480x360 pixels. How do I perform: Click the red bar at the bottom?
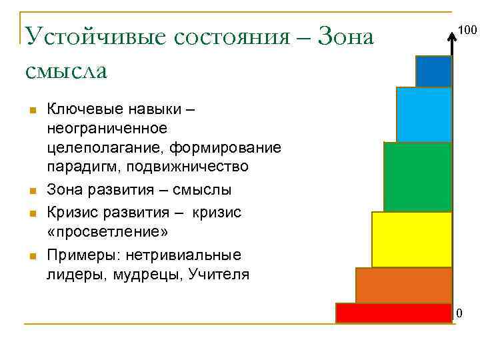tap(393, 313)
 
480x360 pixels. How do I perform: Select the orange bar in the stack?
tap(403, 285)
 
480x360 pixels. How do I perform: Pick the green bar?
tap(417, 177)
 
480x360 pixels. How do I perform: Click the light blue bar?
tap(423, 115)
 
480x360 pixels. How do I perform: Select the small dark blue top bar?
tap(433, 71)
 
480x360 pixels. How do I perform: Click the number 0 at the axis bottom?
tap(459, 313)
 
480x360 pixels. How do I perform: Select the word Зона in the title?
tap(347, 36)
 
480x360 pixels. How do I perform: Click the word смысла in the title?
tap(65, 69)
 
